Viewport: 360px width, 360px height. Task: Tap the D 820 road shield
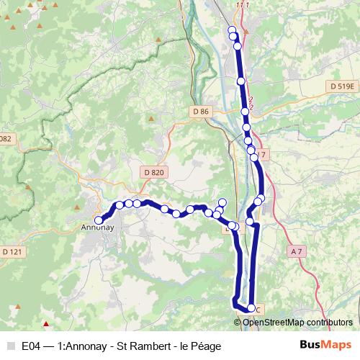(x=154, y=172)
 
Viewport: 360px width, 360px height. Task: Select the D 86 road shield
(x=201, y=111)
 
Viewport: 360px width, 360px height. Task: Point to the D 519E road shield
(x=342, y=86)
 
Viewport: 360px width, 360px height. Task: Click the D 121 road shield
(x=12, y=251)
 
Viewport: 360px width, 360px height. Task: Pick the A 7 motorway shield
(x=299, y=251)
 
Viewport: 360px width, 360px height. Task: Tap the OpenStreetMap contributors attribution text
(x=297, y=322)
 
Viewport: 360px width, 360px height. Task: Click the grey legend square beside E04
(x=10, y=346)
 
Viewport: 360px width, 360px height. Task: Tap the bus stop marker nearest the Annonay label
(x=99, y=220)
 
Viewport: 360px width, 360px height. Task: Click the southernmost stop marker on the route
(x=251, y=308)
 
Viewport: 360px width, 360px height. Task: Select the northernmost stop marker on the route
(x=232, y=30)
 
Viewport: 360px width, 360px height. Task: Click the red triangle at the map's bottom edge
(x=47, y=324)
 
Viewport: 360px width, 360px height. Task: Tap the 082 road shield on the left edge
(x=6, y=138)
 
